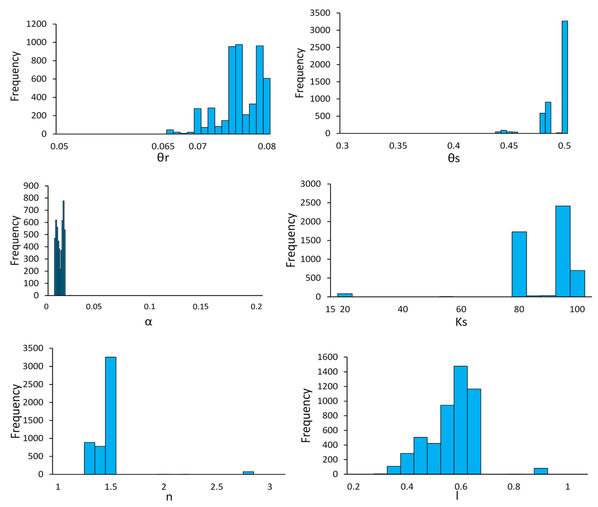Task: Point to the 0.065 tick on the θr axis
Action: pyautogui.click(x=163, y=147)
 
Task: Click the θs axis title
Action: pyautogui.click(x=454, y=158)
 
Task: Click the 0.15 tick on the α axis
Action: pyautogui.click(x=200, y=307)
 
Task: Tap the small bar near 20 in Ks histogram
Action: pyautogui.click(x=345, y=295)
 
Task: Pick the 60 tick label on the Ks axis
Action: pyautogui.click(x=461, y=309)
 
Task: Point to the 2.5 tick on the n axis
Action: pyautogui.click(x=217, y=487)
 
